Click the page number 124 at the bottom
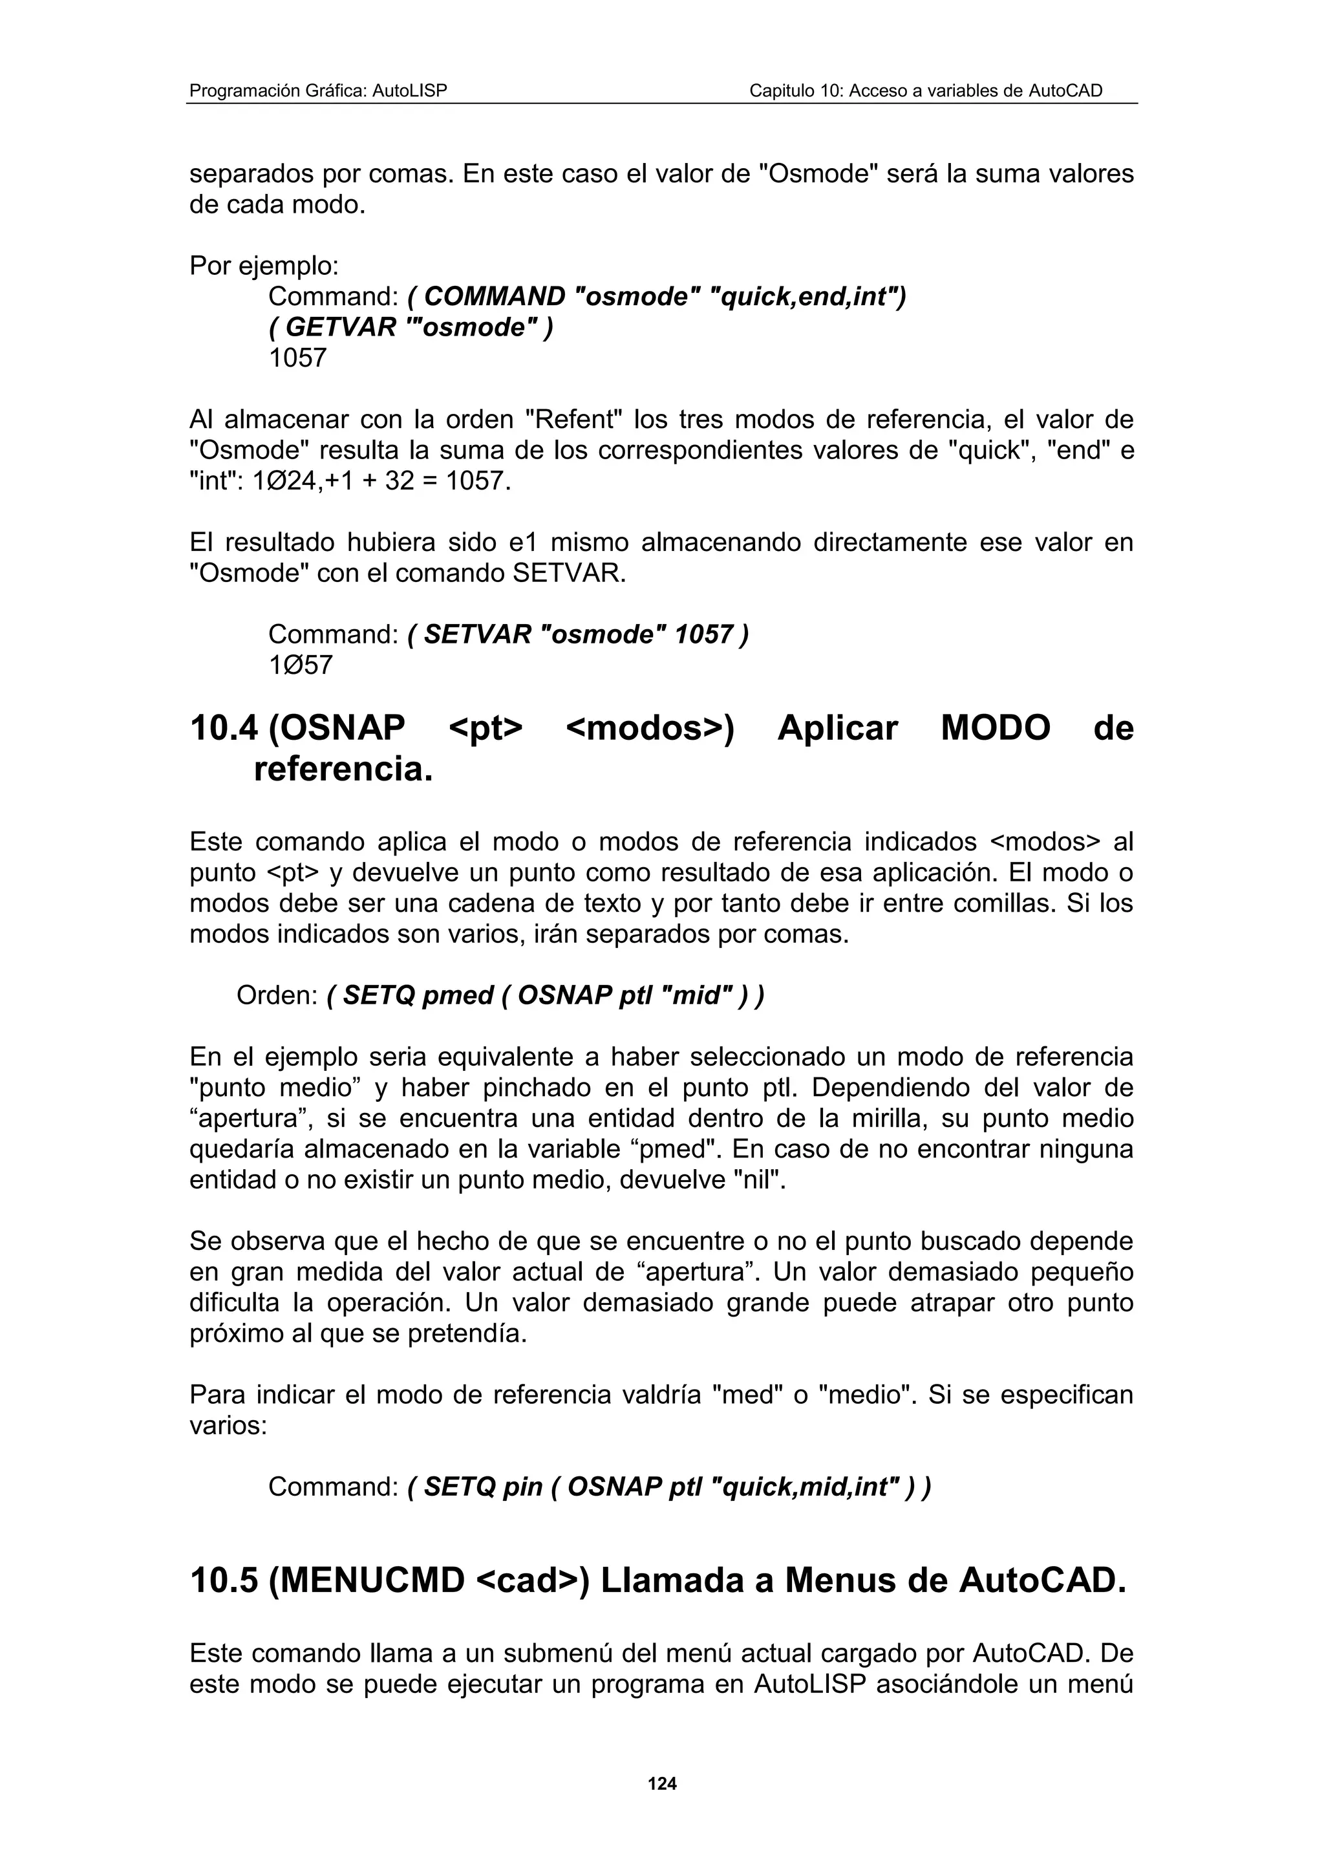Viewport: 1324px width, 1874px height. (661, 1784)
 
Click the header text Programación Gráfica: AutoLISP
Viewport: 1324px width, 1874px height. (318, 91)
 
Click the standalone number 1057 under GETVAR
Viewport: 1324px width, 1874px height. (298, 358)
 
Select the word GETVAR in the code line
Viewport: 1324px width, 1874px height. (341, 327)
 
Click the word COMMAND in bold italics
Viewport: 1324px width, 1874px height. (495, 296)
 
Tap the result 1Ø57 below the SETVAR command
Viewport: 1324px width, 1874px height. (300, 665)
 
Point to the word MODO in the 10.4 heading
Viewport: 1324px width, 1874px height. (995, 728)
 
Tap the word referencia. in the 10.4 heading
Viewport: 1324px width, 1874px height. (343, 769)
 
